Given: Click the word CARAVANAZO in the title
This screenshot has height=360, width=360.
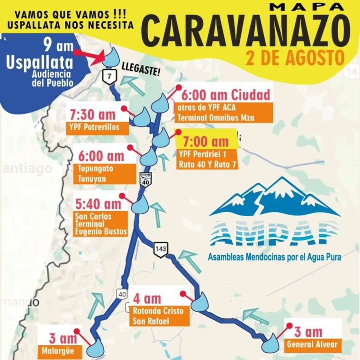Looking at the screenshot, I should pos(251,30).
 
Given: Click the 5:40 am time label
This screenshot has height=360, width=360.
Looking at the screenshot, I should pos(99,204).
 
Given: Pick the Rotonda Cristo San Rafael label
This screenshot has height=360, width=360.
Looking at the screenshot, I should pos(160,316).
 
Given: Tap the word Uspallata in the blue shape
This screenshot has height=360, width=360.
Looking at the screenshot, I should pos(40,63).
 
